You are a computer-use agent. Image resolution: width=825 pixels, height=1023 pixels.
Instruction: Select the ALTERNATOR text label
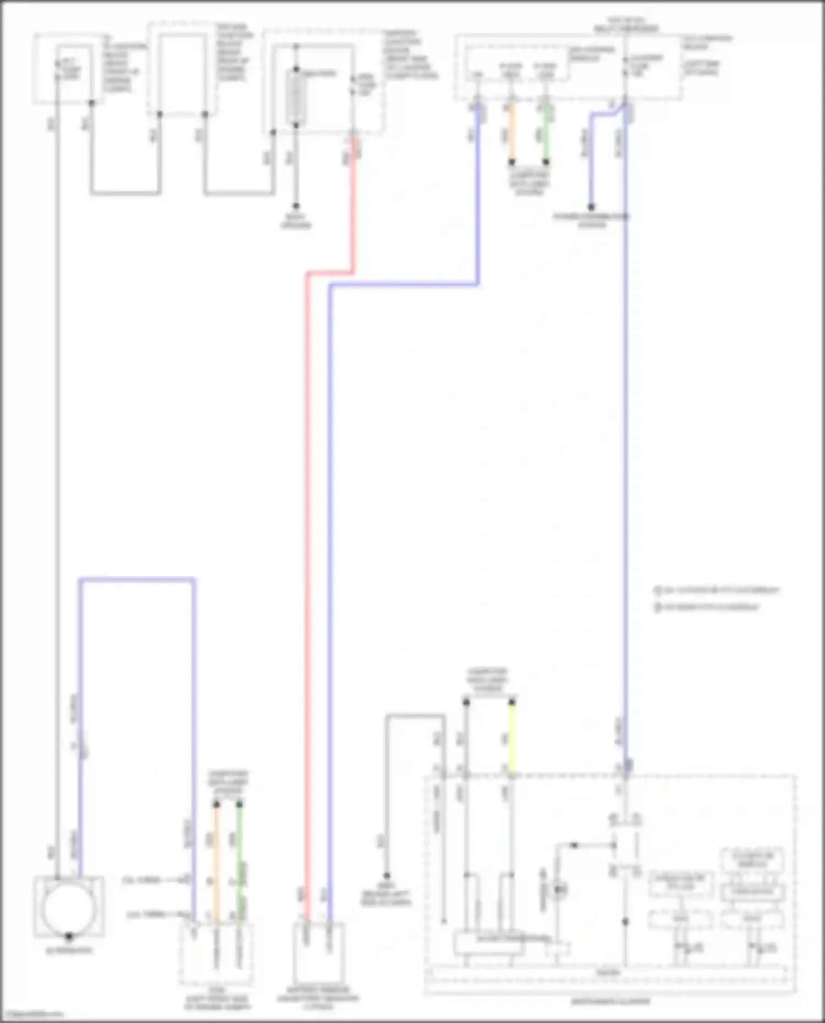click(x=69, y=950)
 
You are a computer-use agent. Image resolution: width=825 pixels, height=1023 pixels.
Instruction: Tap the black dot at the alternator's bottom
click(x=69, y=936)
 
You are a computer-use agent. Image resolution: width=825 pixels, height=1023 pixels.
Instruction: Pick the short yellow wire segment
click(x=512, y=737)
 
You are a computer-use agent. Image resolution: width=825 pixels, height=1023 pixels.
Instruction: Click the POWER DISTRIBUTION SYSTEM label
click(x=591, y=220)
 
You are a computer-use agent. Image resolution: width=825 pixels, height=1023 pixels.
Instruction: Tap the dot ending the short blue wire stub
click(x=591, y=207)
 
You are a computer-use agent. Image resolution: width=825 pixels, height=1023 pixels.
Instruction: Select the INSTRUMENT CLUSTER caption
click(x=610, y=1002)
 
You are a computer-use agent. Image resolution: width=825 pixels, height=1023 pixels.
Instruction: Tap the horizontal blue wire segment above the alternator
click(x=137, y=579)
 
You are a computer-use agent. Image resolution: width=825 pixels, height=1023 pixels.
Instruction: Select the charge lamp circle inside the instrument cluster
click(x=559, y=889)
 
